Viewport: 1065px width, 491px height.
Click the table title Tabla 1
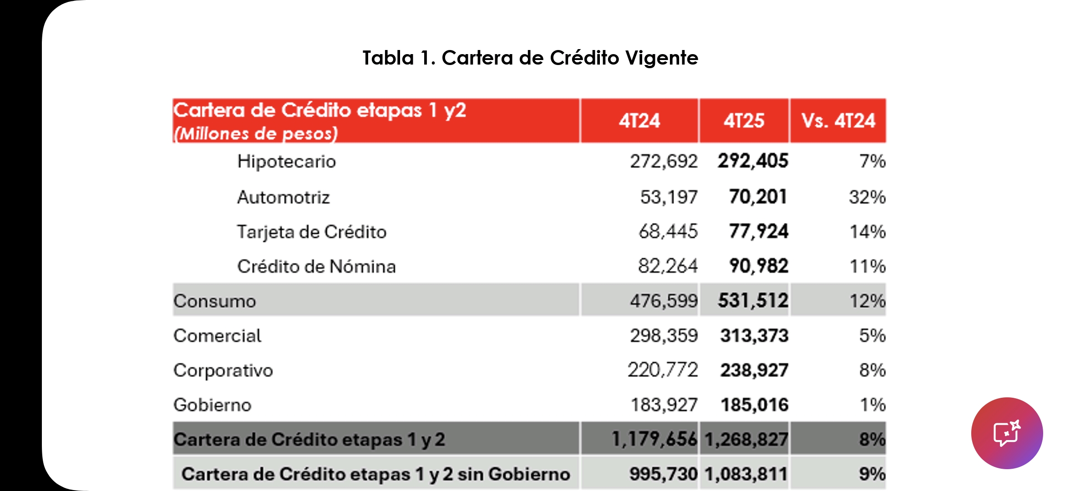tap(530, 58)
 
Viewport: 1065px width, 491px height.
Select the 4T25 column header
tap(744, 121)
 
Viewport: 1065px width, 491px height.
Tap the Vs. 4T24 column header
tap(838, 121)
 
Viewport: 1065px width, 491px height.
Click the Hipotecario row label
tap(286, 161)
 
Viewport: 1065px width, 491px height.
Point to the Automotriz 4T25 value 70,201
tap(758, 197)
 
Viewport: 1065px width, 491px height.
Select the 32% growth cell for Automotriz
tap(867, 197)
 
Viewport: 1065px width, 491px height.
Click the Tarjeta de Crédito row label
tap(311, 232)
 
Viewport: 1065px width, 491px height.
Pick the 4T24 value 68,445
tap(668, 232)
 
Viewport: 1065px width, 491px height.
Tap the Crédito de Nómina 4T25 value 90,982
tap(758, 266)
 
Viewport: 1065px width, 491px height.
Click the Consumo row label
tap(215, 301)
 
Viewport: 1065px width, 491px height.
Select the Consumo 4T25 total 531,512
tap(753, 301)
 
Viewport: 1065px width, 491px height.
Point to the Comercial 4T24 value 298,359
tap(664, 336)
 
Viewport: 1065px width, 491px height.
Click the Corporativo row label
tap(223, 371)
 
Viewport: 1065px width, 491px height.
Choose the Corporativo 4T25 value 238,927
tap(754, 371)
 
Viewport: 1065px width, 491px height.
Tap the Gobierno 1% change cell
tap(872, 405)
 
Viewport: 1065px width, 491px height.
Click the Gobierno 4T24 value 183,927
tap(664, 405)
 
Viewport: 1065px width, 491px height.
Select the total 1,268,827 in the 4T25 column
tap(745, 439)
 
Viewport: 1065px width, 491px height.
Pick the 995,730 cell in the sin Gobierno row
tap(663, 474)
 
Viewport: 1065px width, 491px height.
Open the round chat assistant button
tap(1006, 433)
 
